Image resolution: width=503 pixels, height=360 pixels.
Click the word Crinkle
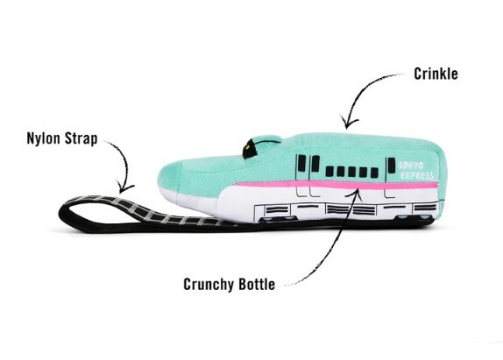point(436,74)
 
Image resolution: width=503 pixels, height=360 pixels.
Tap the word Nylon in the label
point(43,138)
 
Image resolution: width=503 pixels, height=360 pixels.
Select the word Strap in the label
point(81,138)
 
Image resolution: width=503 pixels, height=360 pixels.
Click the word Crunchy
point(209,284)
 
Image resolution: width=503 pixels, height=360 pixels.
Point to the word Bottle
point(257,284)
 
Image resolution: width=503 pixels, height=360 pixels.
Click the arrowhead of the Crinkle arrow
point(349,122)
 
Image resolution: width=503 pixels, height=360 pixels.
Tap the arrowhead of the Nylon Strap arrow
point(124,187)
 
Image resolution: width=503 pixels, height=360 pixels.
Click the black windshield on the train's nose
point(251,148)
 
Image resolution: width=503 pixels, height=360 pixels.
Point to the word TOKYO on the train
point(412,166)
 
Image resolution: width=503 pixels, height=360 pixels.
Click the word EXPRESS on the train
point(417,175)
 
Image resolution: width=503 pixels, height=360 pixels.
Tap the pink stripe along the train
point(337,185)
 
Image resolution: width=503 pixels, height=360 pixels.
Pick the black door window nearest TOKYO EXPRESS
point(392,166)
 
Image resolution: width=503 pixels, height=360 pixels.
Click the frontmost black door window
point(301,163)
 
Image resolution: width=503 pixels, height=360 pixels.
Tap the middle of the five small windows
point(352,173)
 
